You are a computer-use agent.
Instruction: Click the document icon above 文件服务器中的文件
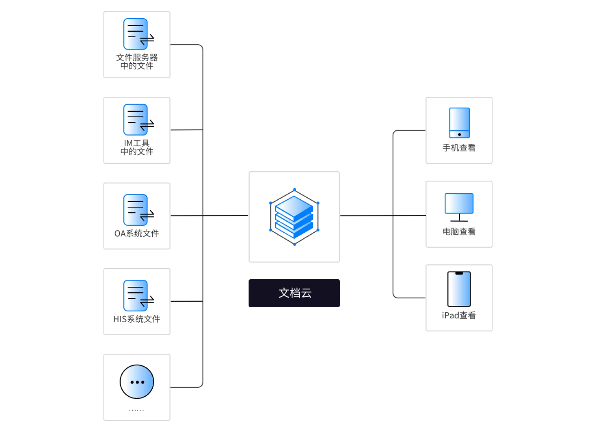click(136, 34)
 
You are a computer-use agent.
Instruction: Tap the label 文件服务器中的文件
click(137, 62)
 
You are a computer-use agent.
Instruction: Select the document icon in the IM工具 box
click(136, 120)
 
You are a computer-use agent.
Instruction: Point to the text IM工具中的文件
click(137, 147)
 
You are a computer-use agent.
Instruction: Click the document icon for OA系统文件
click(136, 210)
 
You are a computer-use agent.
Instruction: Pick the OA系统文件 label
click(137, 234)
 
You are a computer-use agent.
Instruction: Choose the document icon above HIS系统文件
click(136, 296)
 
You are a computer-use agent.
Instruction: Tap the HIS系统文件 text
click(137, 319)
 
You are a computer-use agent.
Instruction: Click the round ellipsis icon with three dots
click(137, 382)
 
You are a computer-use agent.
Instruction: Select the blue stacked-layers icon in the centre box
click(294, 217)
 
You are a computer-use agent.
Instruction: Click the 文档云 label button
click(294, 293)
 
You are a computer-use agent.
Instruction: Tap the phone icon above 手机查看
click(459, 123)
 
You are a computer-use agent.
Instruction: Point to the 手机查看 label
click(459, 148)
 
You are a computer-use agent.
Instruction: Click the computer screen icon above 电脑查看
click(459, 203)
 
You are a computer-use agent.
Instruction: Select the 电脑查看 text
click(459, 232)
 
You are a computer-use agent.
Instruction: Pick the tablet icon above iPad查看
click(459, 289)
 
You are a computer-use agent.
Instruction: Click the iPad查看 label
click(459, 315)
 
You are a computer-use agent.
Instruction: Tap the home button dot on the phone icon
click(459, 134)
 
